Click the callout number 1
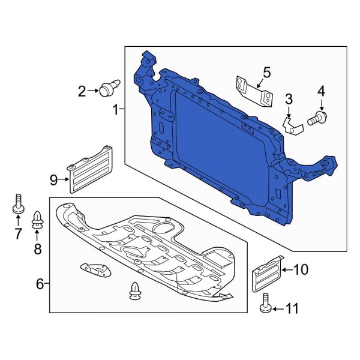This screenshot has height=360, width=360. [116, 110]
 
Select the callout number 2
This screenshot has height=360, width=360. [82, 91]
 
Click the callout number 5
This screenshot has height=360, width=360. [266, 73]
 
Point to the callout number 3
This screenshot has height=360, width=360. [289, 98]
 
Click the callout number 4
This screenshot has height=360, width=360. [321, 91]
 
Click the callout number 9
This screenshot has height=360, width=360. [53, 178]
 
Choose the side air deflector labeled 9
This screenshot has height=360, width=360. [91, 169]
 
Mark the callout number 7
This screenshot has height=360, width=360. [18, 232]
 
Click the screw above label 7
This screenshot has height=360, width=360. [18, 205]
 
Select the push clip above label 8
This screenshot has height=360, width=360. [38, 220]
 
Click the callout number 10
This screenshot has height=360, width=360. [300, 271]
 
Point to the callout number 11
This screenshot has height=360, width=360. [292, 310]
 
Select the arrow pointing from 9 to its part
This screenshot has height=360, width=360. [64, 178]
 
